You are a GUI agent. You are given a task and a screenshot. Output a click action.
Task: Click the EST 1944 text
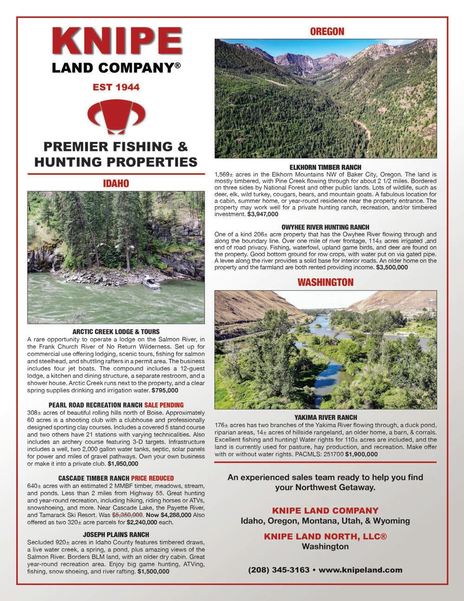pos(116,87)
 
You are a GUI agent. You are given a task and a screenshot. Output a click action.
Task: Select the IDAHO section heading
pos(116,184)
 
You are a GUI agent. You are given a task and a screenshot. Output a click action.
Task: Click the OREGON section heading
pos(327,32)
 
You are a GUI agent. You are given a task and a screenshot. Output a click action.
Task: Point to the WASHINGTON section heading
pos(325,282)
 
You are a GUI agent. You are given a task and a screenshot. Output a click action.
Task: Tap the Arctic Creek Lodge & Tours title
pos(116,332)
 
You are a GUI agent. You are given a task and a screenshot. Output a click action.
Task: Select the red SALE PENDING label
pos(164,405)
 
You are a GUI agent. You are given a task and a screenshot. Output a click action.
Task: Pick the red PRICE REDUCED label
pos(152,478)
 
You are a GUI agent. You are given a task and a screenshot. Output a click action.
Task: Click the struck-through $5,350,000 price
pos(128,515)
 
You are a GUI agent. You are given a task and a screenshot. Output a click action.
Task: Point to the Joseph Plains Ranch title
pos(116,535)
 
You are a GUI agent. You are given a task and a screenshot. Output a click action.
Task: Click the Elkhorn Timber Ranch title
pos(325,167)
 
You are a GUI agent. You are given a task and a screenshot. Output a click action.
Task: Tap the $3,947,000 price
pos(263,214)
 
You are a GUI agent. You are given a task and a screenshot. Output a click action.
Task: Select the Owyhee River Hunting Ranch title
pos(325,227)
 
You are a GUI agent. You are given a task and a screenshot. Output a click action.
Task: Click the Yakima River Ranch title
pos(325,418)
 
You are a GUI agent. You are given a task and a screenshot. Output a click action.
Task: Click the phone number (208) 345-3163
pos(278,570)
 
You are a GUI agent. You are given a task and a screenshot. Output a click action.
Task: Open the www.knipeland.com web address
pos(361,570)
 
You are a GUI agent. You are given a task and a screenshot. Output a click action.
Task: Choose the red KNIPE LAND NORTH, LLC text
pos(325,536)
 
